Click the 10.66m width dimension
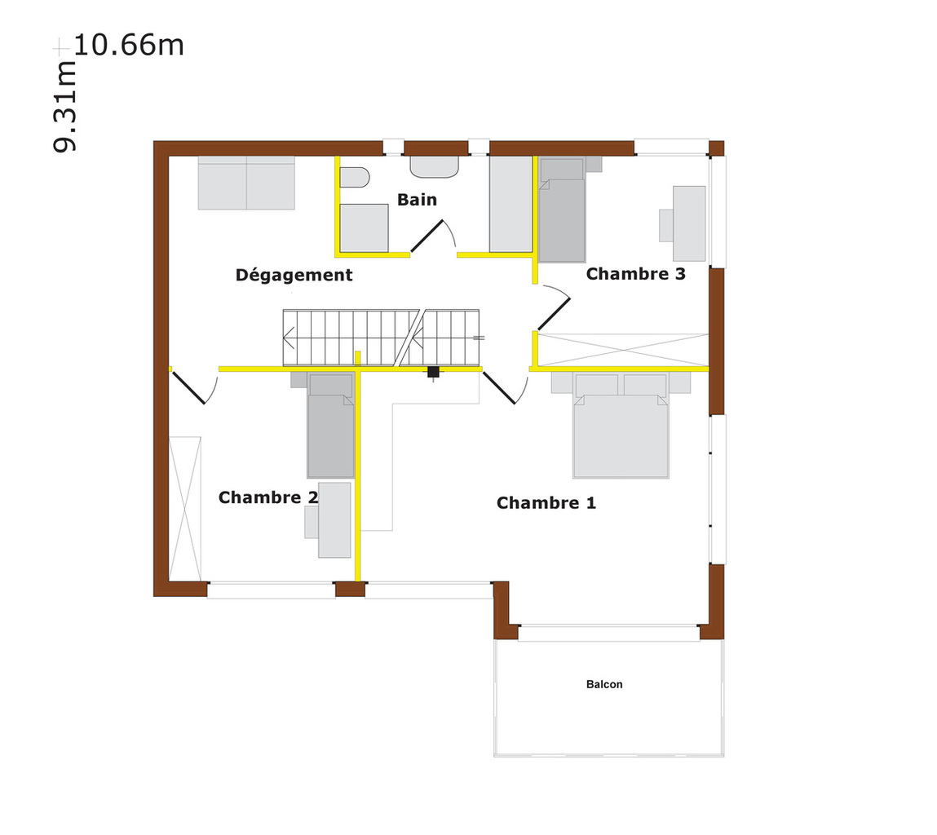click(x=129, y=45)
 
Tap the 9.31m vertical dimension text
click(x=64, y=106)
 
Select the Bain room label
click(x=417, y=200)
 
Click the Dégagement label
click(x=294, y=275)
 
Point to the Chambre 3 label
click(x=636, y=274)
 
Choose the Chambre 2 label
click(x=268, y=497)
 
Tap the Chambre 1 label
click(x=546, y=502)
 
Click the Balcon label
click(x=604, y=684)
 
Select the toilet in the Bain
click(x=355, y=178)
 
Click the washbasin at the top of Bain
click(x=435, y=167)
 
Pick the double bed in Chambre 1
click(x=621, y=426)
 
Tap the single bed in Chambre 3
click(x=563, y=210)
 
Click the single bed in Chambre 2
click(x=330, y=426)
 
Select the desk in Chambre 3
click(x=689, y=223)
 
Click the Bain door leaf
click(x=427, y=236)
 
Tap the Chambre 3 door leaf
click(x=554, y=314)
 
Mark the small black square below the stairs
click(x=433, y=372)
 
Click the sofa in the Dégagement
click(x=246, y=183)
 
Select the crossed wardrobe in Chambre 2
click(x=185, y=509)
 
